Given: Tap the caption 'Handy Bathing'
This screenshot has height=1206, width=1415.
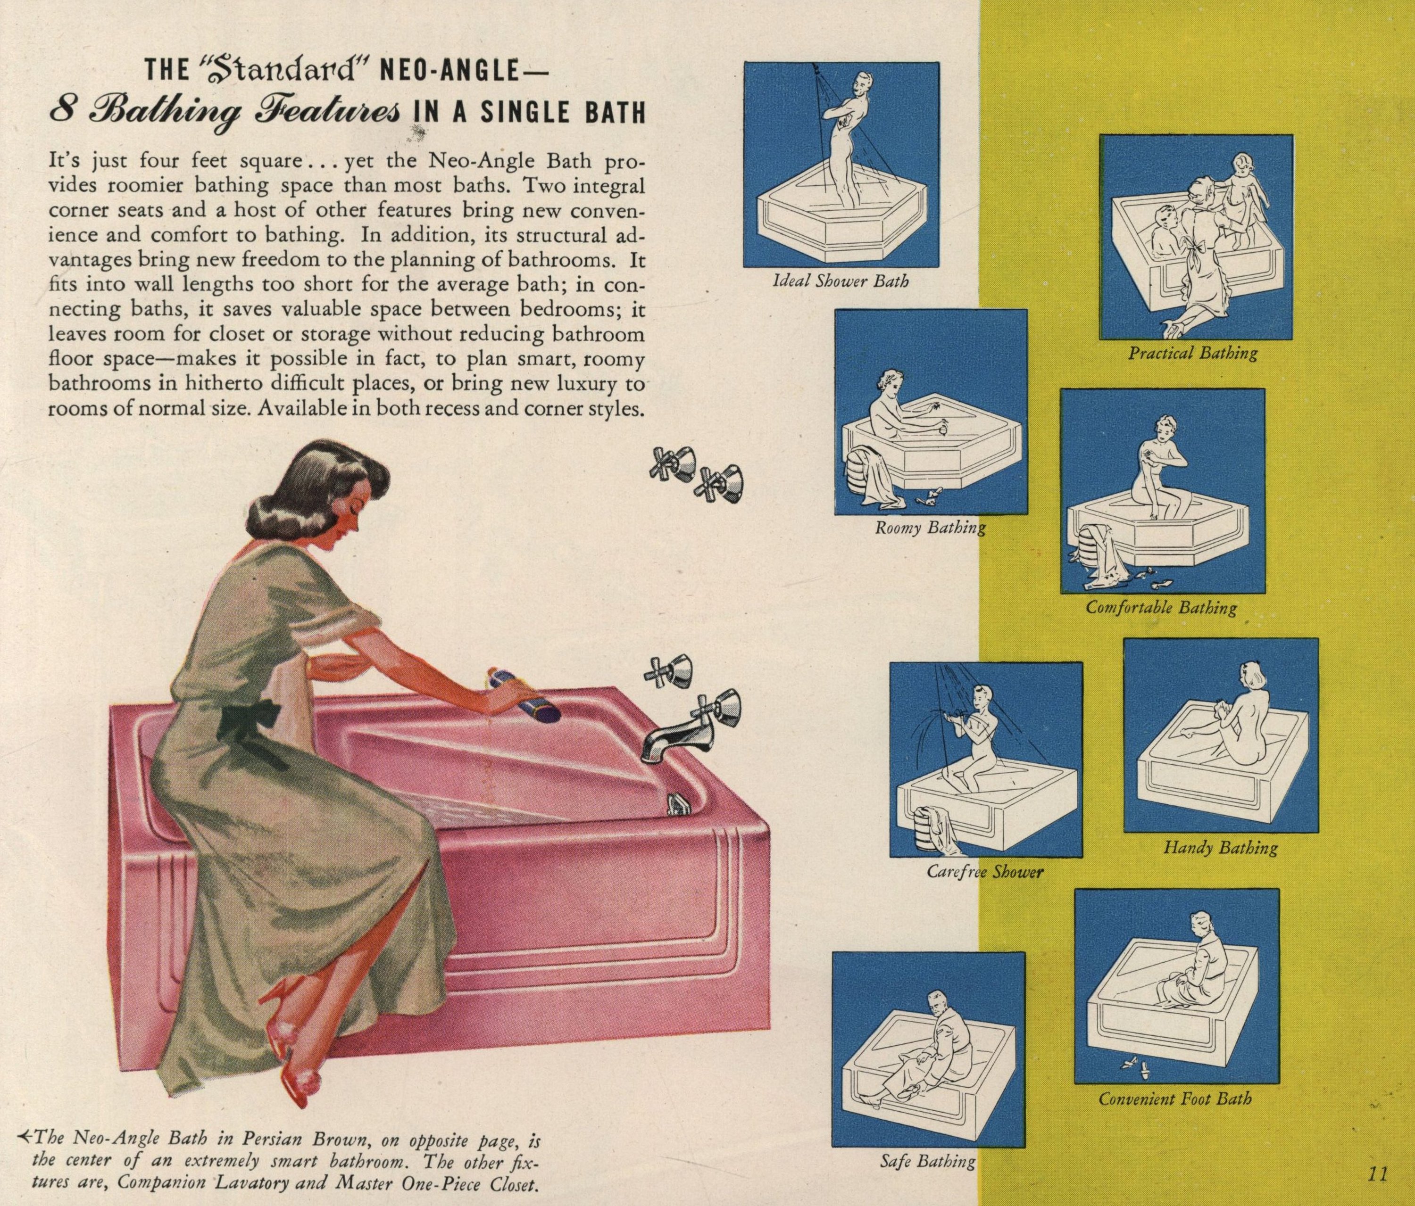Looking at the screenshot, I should [x=1220, y=848].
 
